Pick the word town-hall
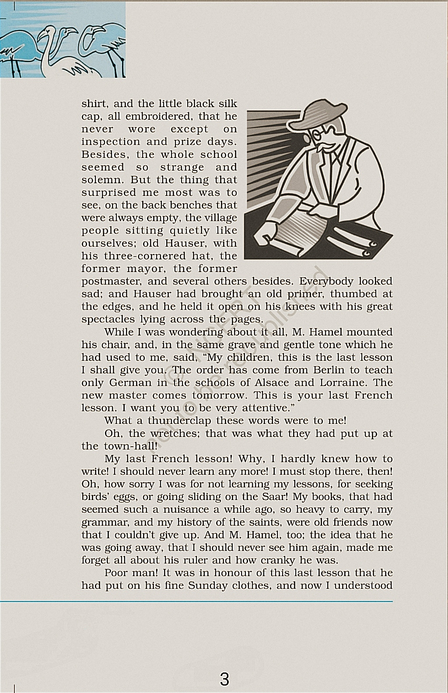[130, 446]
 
